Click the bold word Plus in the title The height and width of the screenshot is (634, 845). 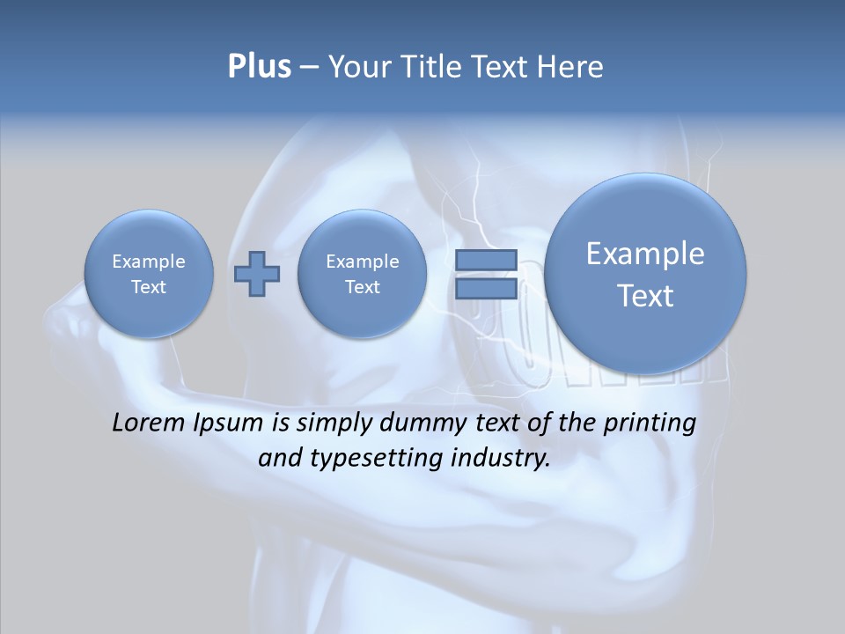259,66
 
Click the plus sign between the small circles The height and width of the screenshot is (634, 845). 256,274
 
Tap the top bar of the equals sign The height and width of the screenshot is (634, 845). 486,261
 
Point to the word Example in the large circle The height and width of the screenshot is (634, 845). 645,254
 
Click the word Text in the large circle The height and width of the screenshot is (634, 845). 645,296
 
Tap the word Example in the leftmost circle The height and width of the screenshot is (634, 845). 149,262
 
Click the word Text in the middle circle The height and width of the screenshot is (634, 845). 362,287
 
